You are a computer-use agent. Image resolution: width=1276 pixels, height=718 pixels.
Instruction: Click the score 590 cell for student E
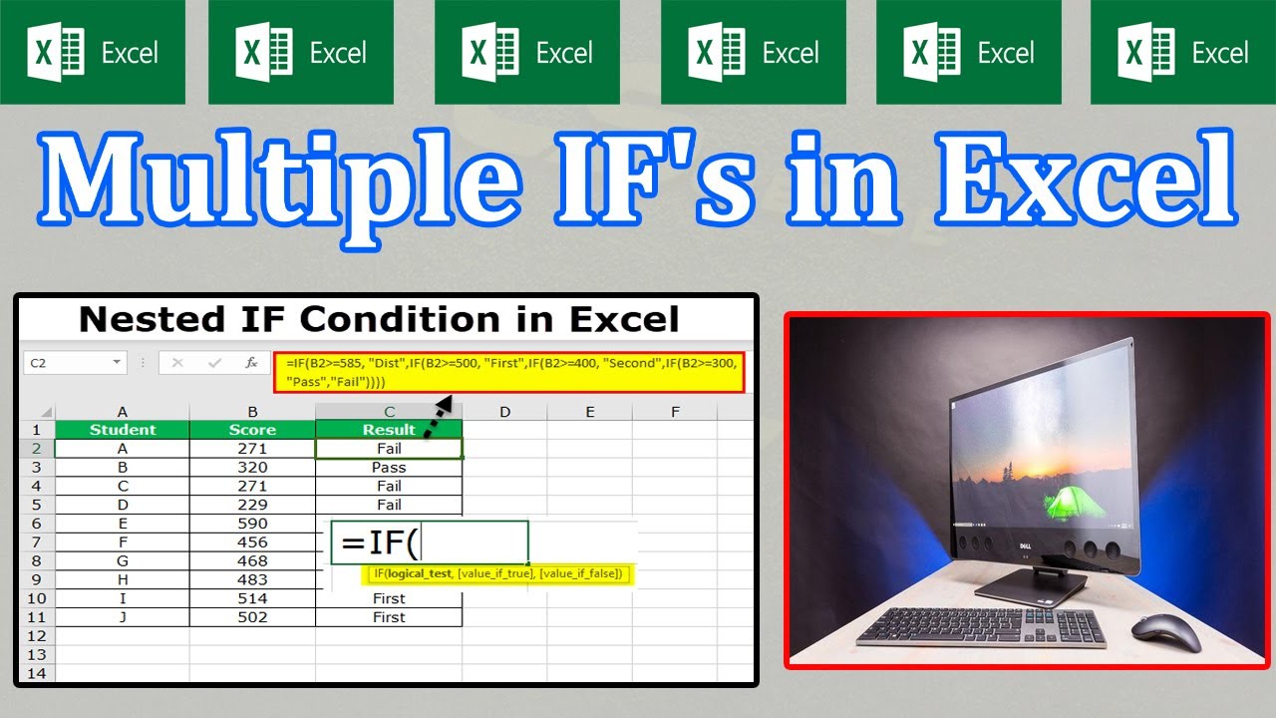(x=252, y=524)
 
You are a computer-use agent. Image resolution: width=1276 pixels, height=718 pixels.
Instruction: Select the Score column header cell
(x=252, y=430)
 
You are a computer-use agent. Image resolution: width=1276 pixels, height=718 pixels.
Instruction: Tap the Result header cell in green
(x=389, y=430)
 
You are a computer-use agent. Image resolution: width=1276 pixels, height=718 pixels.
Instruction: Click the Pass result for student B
(x=389, y=468)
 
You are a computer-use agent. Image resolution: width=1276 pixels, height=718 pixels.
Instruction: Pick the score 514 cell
(x=252, y=598)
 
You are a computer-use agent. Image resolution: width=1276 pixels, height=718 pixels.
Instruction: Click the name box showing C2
(x=75, y=363)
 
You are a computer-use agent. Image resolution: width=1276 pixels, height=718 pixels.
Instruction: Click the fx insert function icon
(x=251, y=363)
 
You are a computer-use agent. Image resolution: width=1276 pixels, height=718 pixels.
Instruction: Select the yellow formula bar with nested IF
(x=509, y=373)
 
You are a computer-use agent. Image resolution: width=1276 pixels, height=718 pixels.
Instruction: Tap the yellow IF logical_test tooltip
(x=497, y=573)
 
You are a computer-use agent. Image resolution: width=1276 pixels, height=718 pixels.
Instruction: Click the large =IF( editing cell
(x=430, y=541)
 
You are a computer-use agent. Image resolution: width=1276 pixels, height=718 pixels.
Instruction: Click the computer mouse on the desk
(x=1166, y=632)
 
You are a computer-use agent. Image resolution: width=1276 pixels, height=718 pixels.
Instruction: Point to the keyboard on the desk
(x=981, y=626)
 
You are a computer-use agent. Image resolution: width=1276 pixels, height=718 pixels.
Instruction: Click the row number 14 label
(x=37, y=673)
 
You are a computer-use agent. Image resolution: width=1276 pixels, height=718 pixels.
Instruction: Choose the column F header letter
(x=675, y=412)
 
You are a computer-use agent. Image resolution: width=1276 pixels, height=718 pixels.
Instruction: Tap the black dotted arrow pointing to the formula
(x=439, y=417)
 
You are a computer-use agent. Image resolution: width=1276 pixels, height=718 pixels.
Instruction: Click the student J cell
(x=123, y=617)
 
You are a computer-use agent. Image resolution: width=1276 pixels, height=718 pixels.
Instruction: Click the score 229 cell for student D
(x=252, y=505)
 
